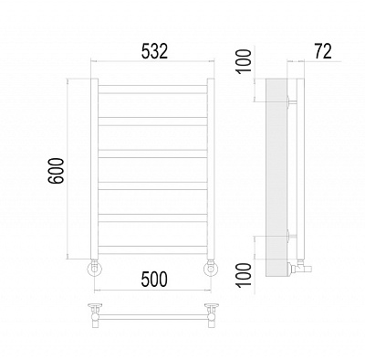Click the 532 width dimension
(154, 51)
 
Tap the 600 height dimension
(57, 171)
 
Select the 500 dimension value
(154, 279)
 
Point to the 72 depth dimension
(323, 51)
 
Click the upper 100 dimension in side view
(244, 61)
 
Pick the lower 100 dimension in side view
(244, 275)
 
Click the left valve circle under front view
(95, 269)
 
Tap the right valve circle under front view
(211, 269)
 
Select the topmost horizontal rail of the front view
(152, 90)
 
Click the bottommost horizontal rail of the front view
(152, 249)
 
